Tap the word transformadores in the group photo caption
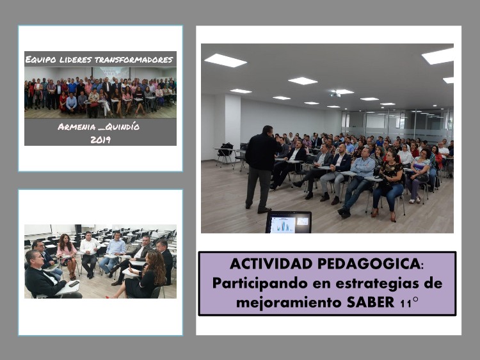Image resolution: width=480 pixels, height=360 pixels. coord(134,59)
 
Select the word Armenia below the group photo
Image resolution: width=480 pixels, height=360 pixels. coord(77,127)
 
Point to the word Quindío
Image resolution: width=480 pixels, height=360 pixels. coord(122,127)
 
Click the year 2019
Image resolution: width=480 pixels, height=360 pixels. coord(100,139)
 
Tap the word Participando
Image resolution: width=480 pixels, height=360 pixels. coord(260,283)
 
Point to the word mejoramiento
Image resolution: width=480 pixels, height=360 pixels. coord(289,303)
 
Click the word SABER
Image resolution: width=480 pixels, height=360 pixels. coord(371,302)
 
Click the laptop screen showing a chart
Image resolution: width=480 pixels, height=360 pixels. coord(289,223)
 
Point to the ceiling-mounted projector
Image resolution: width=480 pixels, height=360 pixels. coord(335,94)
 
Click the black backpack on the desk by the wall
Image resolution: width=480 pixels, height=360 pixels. coord(226,149)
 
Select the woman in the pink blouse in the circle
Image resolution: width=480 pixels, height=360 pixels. coord(67,256)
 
